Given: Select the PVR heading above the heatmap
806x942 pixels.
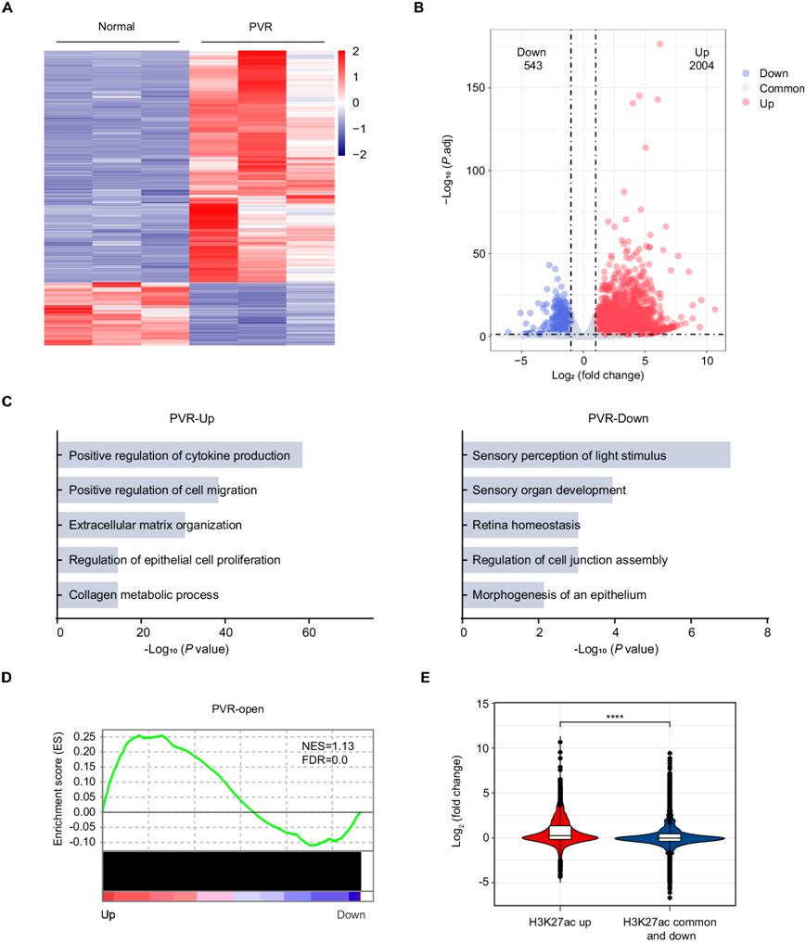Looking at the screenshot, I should pos(262,26).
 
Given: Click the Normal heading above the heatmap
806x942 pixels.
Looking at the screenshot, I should pos(117,26).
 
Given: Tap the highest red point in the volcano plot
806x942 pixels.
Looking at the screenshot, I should pos(659,44).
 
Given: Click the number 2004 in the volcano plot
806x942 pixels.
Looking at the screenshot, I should pos(701,67).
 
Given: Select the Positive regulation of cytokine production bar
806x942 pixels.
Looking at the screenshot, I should pos(181,455).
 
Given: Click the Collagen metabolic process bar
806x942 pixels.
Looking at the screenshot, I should pos(88,594).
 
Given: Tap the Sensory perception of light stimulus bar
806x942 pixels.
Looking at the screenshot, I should pos(597,455).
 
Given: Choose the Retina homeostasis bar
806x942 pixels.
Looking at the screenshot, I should pos(521,525).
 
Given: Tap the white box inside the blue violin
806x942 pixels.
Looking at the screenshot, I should pos(669,836).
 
